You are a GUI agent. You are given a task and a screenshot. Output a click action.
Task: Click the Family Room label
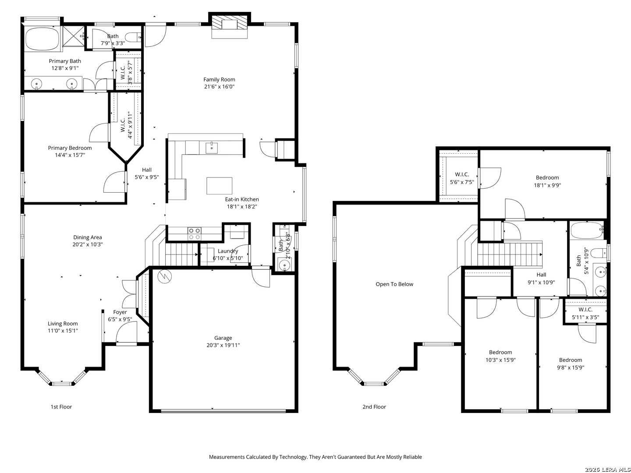219,80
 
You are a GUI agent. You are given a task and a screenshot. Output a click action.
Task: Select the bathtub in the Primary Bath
42,39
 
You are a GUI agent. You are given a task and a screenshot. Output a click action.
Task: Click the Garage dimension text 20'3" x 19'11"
223,345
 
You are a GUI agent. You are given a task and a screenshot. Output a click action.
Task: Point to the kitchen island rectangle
219,186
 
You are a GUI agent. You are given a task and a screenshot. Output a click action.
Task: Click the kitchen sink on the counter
212,148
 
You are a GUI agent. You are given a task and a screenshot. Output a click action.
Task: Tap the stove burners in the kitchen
194,233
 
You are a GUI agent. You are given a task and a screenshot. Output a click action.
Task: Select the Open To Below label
394,284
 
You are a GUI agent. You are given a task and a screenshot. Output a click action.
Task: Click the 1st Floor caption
61,407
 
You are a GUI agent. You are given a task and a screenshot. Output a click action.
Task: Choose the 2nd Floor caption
374,407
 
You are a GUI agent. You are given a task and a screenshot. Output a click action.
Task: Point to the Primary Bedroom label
70,148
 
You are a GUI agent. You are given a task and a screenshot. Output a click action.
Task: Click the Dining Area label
87,237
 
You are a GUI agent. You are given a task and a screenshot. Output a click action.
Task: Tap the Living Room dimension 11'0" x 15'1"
63,331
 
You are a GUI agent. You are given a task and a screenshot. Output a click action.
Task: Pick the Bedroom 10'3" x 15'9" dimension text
500,360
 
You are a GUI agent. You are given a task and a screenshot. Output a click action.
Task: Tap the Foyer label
120,312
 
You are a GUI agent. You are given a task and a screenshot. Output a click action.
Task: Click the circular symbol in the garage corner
165,276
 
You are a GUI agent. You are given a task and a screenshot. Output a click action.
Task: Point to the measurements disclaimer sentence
315,457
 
